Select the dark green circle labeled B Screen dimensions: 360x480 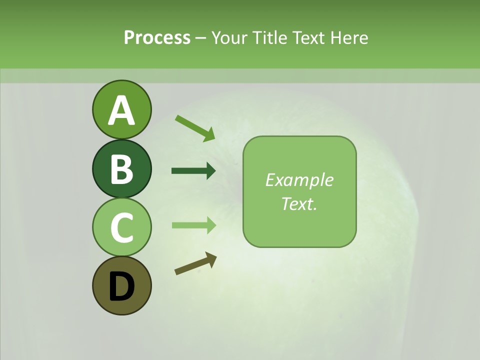click(x=121, y=169)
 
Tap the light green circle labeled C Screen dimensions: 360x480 click(x=121, y=227)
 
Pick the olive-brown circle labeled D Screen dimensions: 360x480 click(x=121, y=285)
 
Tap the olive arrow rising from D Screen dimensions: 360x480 click(x=195, y=264)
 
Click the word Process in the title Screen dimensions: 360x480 click(x=157, y=37)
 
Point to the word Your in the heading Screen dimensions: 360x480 click(x=230, y=37)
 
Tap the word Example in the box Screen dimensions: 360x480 click(x=299, y=180)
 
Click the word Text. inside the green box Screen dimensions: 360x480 click(x=299, y=203)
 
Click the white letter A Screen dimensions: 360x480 click(x=121, y=110)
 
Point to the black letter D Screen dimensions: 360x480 click(x=121, y=286)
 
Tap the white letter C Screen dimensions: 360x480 click(x=121, y=228)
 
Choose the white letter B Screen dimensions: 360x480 click(x=121, y=169)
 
